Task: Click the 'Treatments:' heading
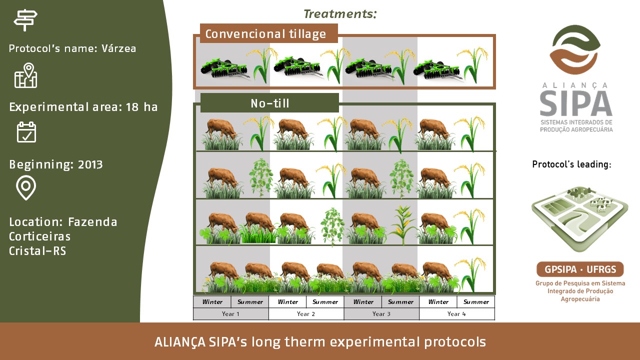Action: click(x=340, y=13)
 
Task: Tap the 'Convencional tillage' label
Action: click(x=265, y=33)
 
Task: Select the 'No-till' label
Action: click(x=269, y=103)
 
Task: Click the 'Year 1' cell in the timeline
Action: click(x=231, y=313)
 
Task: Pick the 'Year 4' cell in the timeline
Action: click(x=456, y=313)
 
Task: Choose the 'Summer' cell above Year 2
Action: click(x=325, y=301)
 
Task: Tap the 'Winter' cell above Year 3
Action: click(x=363, y=301)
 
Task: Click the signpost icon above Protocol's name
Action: click(x=25, y=20)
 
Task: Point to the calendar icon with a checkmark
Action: click(x=26, y=132)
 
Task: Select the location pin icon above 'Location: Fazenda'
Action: click(x=26, y=187)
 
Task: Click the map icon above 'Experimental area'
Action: click(x=25, y=75)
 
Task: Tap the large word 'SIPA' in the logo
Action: click(x=576, y=103)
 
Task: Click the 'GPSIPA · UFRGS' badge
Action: click(x=580, y=269)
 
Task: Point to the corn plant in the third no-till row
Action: click(x=402, y=225)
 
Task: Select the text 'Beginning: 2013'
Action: click(x=55, y=164)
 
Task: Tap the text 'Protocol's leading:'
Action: click(x=571, y=164)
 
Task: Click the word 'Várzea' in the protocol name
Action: click(x=119, y=48)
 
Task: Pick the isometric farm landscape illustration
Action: click(x=579, y=219)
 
